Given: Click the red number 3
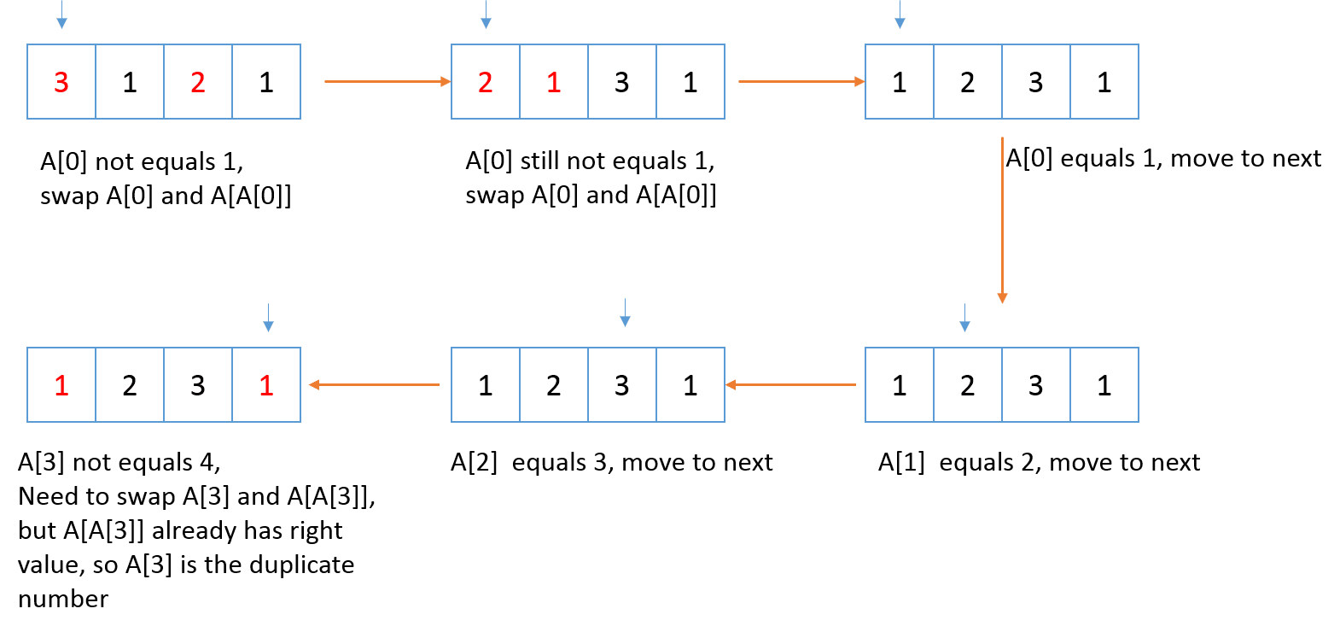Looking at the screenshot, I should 61,82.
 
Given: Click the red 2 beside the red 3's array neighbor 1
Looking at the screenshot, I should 198,82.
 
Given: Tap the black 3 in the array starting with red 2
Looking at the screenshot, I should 621,82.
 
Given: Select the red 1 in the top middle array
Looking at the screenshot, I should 553,82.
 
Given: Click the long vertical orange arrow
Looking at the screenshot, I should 1002,218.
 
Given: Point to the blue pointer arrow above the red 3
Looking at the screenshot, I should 61,15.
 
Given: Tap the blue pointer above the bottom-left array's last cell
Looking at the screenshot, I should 268,317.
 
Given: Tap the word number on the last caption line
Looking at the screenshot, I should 63,599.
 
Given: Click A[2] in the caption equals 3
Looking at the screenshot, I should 474,462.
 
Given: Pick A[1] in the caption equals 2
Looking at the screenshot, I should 901,462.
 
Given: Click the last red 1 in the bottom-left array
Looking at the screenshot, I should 266,385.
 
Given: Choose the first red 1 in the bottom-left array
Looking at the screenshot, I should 61,385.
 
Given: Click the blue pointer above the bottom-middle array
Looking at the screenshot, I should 625,313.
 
